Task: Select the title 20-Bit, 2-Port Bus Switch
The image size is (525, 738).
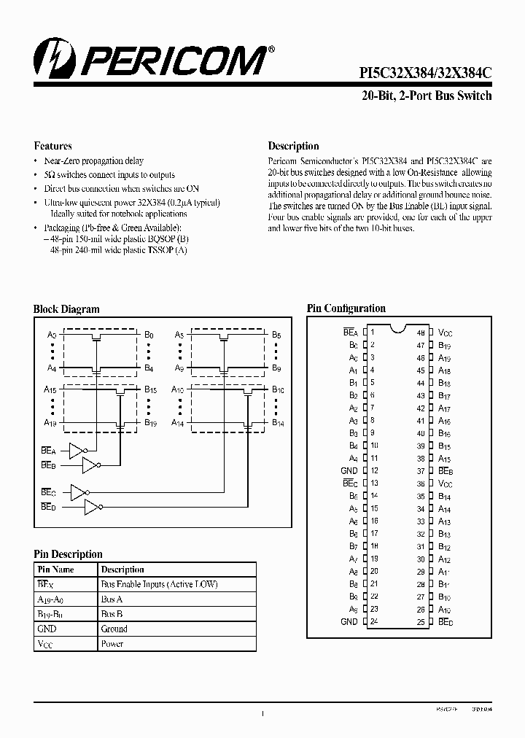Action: tap(427, 96)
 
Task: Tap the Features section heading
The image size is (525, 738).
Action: tap(52, 146)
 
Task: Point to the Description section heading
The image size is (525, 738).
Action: tap(293, 146)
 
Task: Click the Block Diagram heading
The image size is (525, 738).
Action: tap(66, 309)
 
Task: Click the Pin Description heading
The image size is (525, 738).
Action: tap(68, 554)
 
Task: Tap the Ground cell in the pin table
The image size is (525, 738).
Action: tap(114, 629)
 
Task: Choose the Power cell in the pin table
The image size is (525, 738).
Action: tap(112, 644)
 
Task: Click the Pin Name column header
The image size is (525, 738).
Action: tap(55, 570)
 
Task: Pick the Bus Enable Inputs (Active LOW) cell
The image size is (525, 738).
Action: tap(159, 584)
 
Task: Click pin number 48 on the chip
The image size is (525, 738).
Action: tap(421, 333)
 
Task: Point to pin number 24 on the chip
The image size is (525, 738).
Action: tap(373, 622)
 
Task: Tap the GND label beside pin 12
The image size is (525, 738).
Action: tap(349, 471)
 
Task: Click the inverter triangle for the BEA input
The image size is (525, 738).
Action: tap(77, 449)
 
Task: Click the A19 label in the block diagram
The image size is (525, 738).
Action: tap(50, 422)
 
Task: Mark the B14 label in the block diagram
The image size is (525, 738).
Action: tap(278, 422)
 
